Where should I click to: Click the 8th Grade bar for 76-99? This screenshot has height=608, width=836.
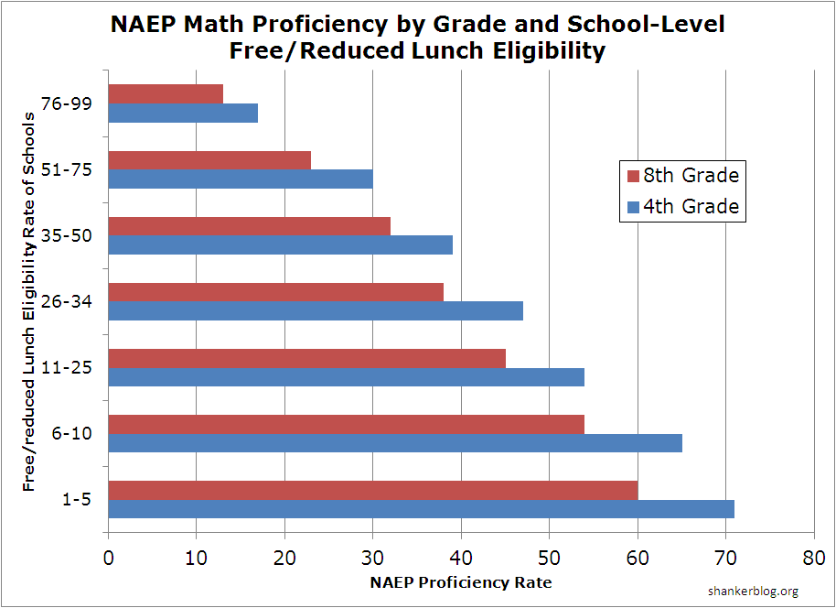click(x=166, y=94)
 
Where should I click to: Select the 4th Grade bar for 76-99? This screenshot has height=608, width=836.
click(x=183, y=114)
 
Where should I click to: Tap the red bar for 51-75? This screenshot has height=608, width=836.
click(x=209, y=160)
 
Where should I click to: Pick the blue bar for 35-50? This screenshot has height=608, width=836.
click(x=280, y=244)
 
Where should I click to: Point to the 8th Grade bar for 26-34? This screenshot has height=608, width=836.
click(x=275, y=292)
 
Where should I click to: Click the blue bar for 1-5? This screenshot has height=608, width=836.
click(x=421, y=508)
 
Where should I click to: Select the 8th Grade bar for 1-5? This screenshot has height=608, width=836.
click(x=372, y=490)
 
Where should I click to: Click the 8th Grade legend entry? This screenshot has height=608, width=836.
click(x=681, y=175)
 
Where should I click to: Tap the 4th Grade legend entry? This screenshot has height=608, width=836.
click(x=681, y=206)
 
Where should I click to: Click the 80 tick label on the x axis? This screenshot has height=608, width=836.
click(x=813, y=557)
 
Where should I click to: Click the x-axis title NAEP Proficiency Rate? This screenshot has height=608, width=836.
click(x=461, y=582)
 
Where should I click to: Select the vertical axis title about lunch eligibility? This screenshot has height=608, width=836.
click(x=31, y=302)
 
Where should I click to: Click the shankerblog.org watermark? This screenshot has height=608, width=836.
click(x=753, y=592)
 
